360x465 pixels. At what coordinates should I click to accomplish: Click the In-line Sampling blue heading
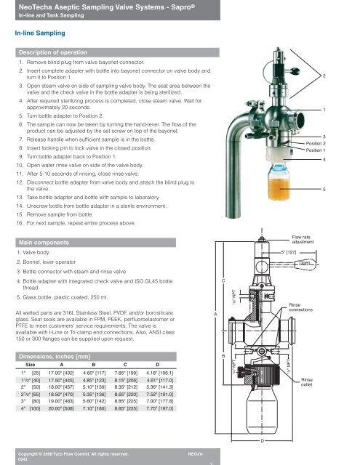click(40, 33)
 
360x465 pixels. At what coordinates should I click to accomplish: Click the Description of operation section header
click(53, 52)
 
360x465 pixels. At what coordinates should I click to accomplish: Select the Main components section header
click(44, 243)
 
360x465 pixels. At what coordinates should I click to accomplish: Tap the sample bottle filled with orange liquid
click(279, 182)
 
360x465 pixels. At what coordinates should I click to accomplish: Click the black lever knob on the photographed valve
click(295, 71)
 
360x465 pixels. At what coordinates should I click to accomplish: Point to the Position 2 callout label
click(316, 144)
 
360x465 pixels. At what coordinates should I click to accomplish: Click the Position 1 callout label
click(316, 150)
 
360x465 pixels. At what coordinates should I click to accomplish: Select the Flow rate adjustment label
click(303, 240)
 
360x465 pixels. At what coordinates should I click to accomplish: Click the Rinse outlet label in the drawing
click(307, 382)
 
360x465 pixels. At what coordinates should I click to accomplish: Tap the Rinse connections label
click(300, 307)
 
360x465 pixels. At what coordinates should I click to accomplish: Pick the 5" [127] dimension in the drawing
click(289, 252)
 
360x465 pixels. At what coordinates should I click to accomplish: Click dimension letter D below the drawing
click(263, 441)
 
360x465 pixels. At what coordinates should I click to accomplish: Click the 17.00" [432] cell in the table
click(61, 373)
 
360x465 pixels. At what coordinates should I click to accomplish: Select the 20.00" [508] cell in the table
click(61, 408)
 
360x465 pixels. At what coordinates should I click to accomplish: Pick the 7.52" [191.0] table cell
click(160, 395)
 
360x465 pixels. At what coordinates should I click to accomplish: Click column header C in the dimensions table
click(125, 365)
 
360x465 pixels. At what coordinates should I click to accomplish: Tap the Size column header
click(31, 365)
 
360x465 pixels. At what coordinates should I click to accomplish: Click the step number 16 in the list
click(20, 223)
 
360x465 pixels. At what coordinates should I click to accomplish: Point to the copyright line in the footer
click(73, 454)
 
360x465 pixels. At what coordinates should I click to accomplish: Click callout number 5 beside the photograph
click(324, 189)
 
